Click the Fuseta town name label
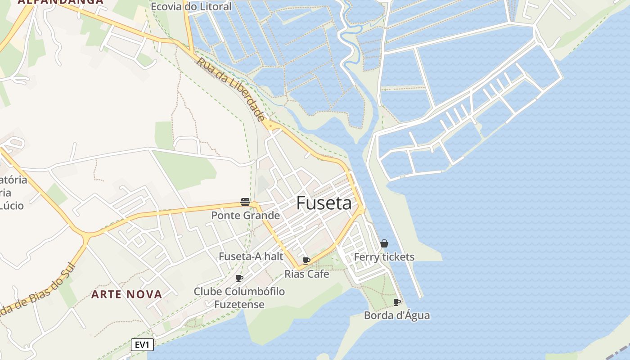click(324, 203)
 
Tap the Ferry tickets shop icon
click(384, 244)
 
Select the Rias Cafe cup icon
click(306, 261)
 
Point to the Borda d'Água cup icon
click(396, 302)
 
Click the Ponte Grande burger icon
click(245, 202)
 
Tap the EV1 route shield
click(143, 345)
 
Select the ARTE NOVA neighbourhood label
click(126, 295)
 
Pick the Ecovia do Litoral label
click(191, 7)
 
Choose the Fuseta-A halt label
click(251, 256)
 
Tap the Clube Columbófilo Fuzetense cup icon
click(239, 278)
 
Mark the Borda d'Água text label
click(396, 315)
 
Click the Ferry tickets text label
click(384, 257)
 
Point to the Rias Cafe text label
click(306, 274)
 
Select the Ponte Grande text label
click(245, 216)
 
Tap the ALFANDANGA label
click(61, 2)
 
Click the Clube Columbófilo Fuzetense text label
click(239, 298)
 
